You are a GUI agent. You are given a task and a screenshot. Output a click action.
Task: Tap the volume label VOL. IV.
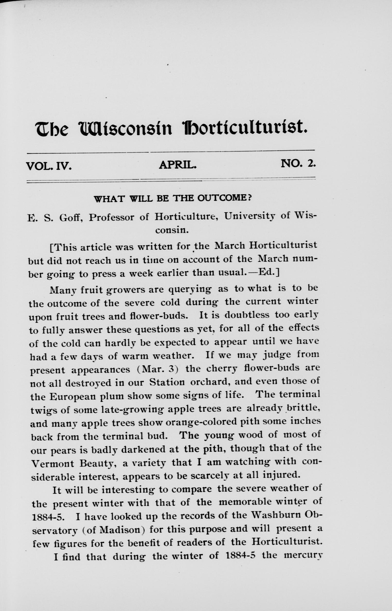click(x=49, y=166)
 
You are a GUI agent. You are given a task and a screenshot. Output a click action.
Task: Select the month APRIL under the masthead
click(x=178, y=165)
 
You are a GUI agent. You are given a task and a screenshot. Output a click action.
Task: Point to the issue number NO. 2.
click(x=298, y=163)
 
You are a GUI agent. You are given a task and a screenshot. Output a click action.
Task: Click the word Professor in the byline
click(x=112, y=218)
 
